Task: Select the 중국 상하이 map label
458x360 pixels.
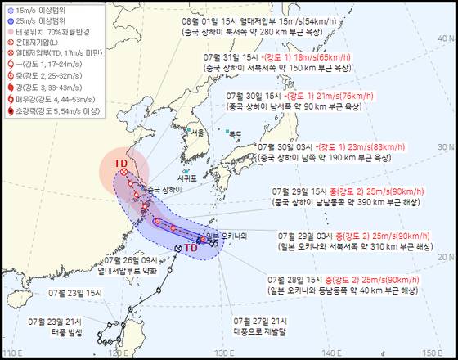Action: [164, 189]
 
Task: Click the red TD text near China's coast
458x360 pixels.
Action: [120, 163]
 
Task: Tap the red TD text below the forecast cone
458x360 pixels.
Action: [190, 247]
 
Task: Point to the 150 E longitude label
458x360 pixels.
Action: [433, 353]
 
